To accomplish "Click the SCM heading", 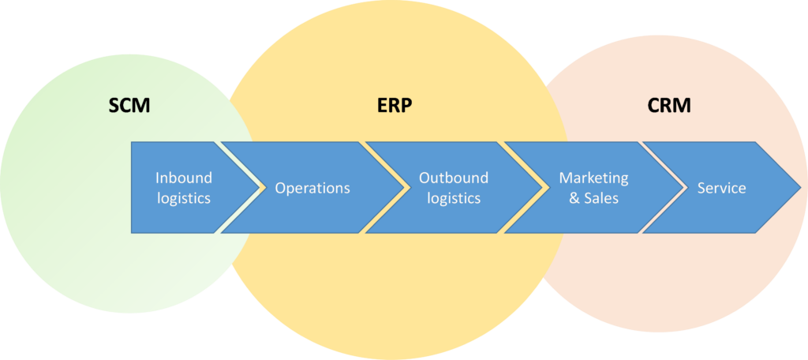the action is tap(129, 105).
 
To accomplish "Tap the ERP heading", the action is tap(395, 105).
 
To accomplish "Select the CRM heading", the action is tap(668, 105).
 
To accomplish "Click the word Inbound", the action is tap(184, 178).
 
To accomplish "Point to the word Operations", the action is tap(312, 188).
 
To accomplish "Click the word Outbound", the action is tap(454, 178).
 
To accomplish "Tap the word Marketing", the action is tap(593, 178).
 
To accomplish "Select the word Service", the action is tap(721, 188).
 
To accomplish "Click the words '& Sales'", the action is tap(593, 198).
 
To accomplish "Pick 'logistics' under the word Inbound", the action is tap(184, 199).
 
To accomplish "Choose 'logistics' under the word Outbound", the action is tap(454, 199).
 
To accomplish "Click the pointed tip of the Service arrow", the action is tap(800, 188).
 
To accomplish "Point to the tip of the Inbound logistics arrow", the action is tap(258, 188).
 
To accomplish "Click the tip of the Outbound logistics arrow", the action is tap(543, 188).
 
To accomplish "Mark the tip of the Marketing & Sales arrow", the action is tap(682, 188).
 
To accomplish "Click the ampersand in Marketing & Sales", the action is tap(574, 199).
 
